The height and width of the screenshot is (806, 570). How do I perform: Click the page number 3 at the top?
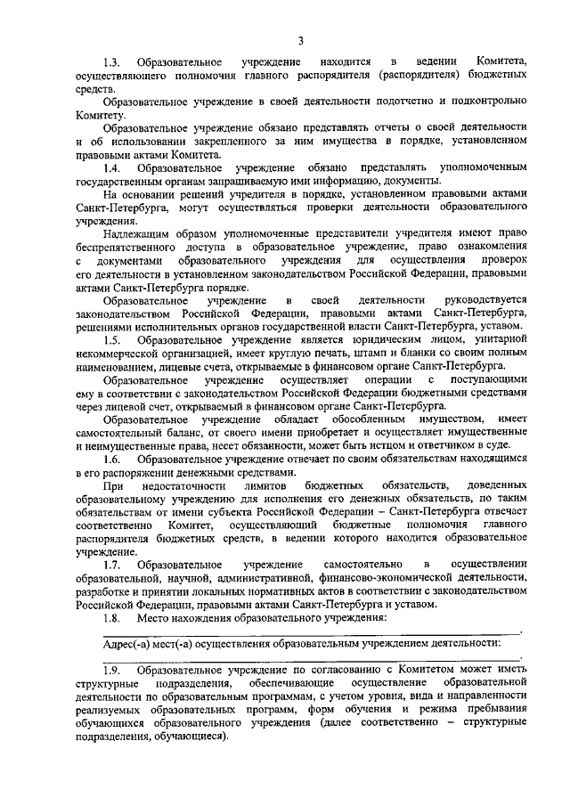301,39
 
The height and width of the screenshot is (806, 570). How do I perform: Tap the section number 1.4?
111,167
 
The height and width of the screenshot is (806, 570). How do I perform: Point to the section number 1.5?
111,339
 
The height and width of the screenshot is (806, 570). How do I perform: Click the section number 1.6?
111,459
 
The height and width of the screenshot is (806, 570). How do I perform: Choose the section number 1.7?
111,565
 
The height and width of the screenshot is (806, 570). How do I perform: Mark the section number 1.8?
111,617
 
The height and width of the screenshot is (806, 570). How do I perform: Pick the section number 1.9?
111,670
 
